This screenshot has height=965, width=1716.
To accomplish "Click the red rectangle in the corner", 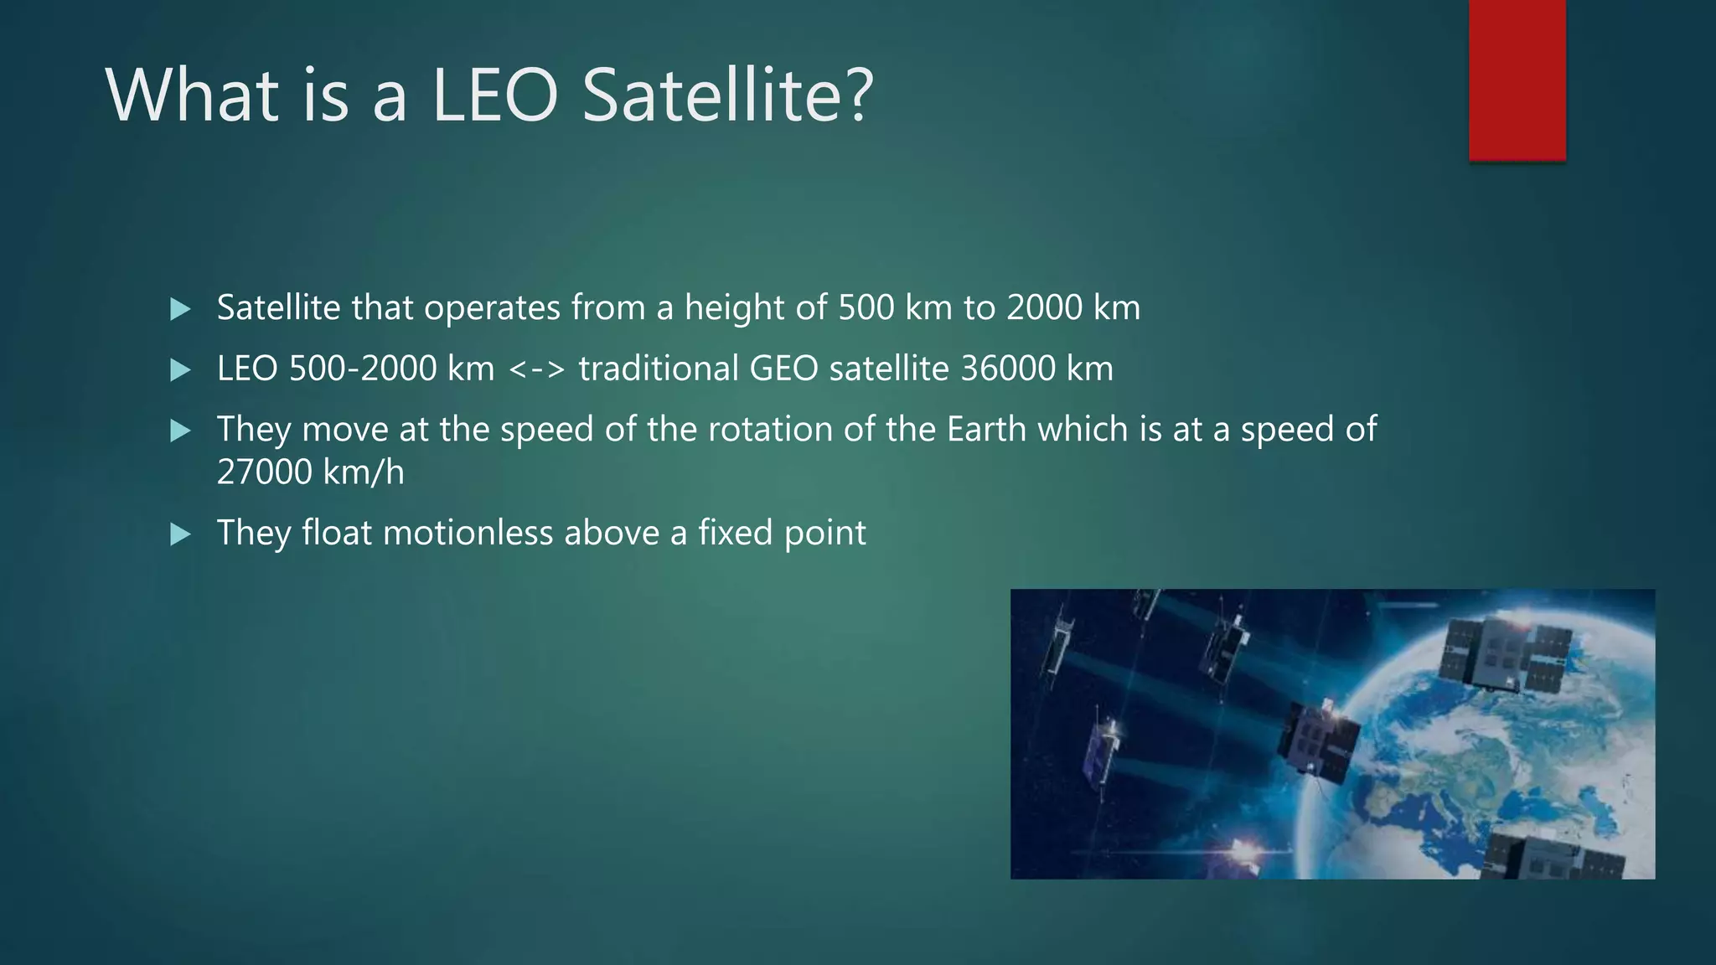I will click(x=1517, y=80).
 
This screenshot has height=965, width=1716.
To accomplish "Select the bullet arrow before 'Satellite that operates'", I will click(x=180, y=310).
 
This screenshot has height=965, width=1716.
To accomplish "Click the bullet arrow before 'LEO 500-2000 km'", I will click(x=180, y=370).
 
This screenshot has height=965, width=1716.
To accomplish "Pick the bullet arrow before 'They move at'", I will click(x=180, y=431).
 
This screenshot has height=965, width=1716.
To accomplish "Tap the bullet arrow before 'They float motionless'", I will click(x=180, y=534).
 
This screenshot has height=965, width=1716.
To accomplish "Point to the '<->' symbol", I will click(x=537, y=369).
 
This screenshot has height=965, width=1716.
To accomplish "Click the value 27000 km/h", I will click(x=310, y=472).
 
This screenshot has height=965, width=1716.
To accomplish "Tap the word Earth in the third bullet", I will click(x=986, y=430).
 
